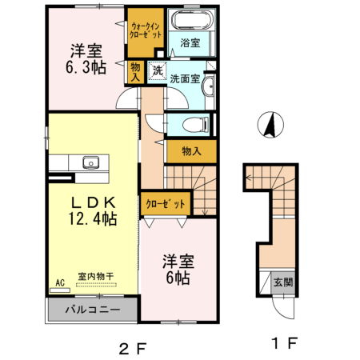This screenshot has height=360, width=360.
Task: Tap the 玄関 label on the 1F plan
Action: pos(282,282)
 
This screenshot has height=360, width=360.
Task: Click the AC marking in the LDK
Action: pos(58,282)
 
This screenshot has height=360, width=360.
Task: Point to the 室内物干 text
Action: pos(95,277)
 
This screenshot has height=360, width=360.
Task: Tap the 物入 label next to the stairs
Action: pos(191,150)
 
